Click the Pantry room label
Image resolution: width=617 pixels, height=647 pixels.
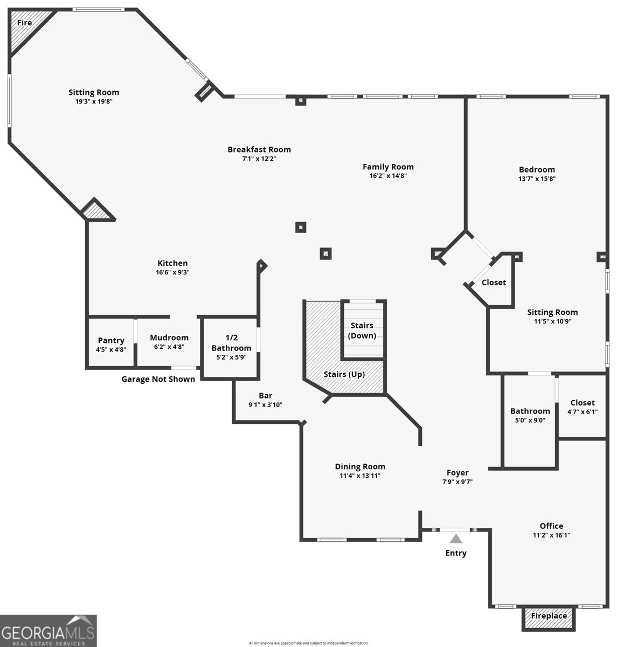[x=111, y=340]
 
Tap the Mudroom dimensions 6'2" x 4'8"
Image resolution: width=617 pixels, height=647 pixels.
[x=169, y=347]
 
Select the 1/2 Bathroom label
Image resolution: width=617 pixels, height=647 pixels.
[x=231, y=342]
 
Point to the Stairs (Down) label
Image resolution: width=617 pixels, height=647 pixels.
[x=362, y=331]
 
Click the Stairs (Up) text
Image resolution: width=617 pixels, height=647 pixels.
[x=344, y=374]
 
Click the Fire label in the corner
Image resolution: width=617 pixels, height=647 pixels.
[x=24, y=23]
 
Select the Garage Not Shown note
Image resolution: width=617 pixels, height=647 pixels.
[x=158, y=379]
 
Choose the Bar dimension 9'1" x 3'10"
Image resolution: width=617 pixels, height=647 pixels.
[x=266, y=405]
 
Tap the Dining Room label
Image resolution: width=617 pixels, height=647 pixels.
[x=360, y=466]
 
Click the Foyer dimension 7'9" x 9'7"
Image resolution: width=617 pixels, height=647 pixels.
[x=457, y=482]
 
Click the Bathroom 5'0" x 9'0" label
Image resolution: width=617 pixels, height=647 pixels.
[x=530, y=415]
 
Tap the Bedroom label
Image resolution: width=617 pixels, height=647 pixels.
[x=537, y=169]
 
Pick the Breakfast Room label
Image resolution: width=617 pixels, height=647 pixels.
[x=259, y=149]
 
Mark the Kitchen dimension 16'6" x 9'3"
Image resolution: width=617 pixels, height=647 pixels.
[x=172, y=272]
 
